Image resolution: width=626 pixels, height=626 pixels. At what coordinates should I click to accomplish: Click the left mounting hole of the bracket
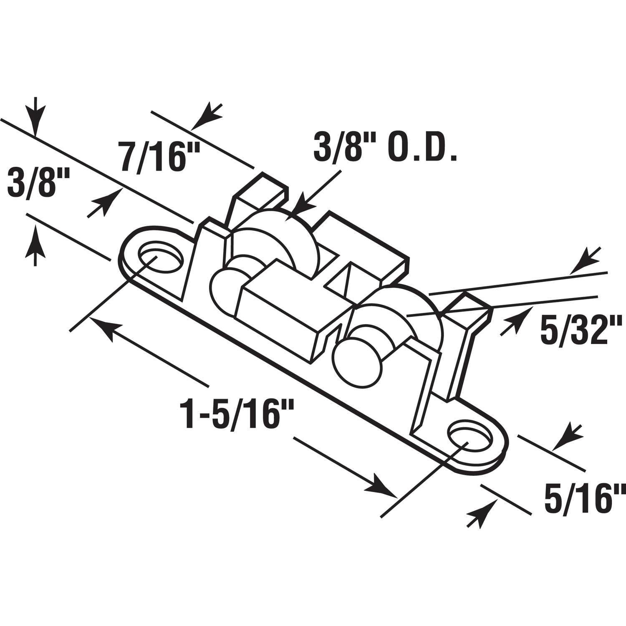(x=160, y=257)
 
